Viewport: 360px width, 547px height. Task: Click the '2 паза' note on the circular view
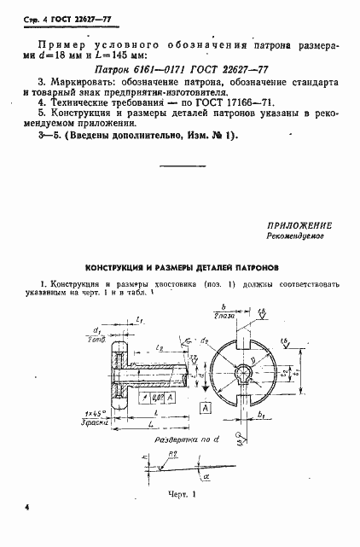pyautogui.click(x=223, y=317)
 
